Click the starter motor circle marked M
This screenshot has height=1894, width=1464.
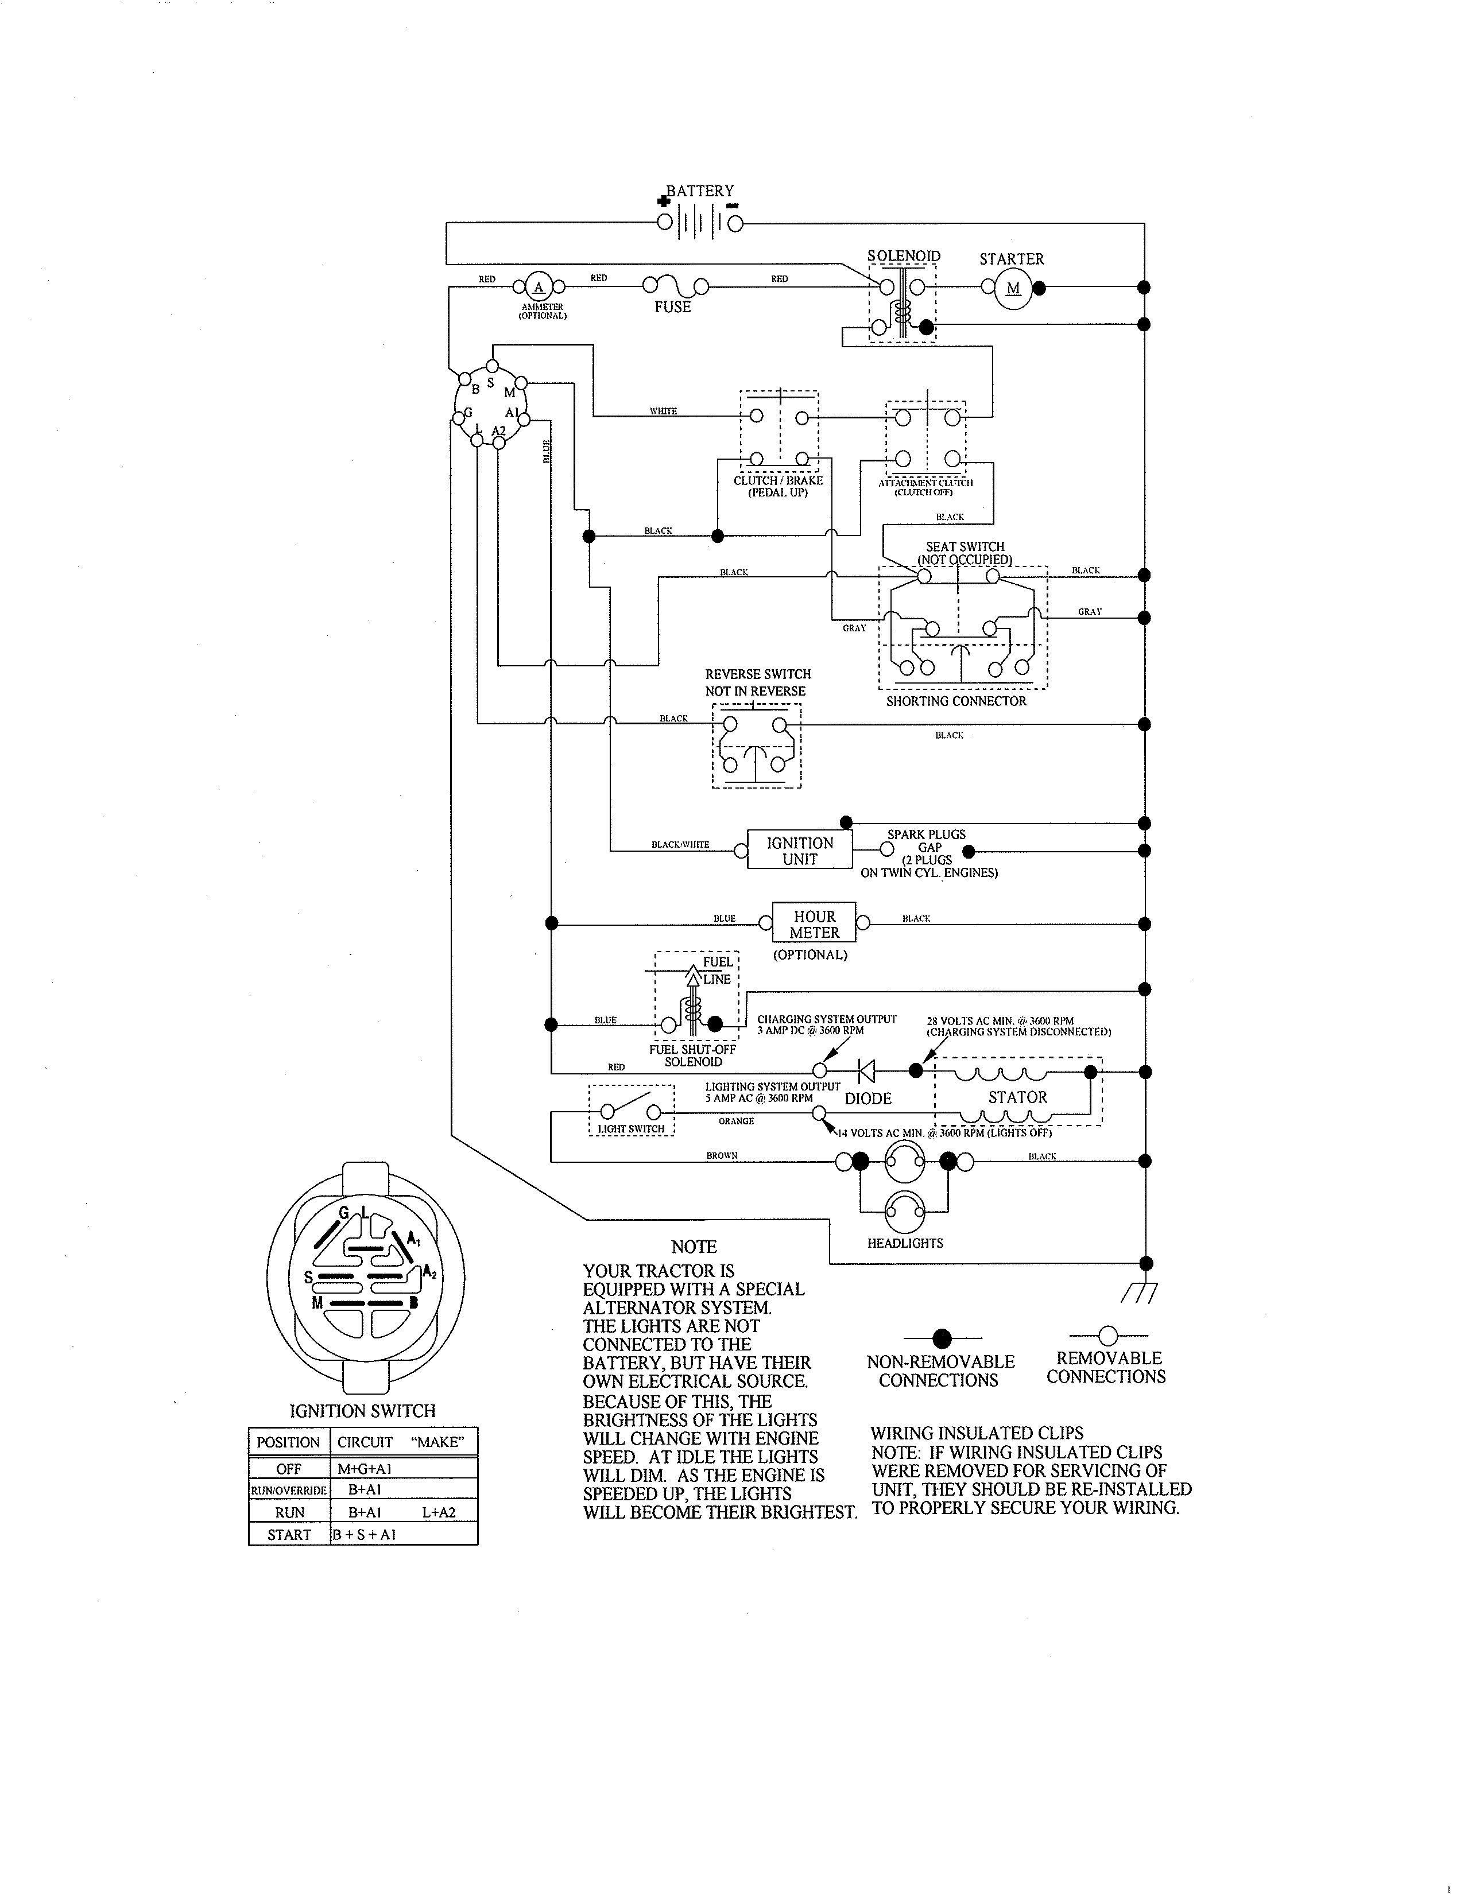(x=1013, y=288)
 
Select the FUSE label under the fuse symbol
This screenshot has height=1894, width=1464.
(x=672, y=307)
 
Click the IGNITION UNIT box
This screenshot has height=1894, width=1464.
(x=800, y=851)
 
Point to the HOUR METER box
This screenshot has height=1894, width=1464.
(x=814, y=923)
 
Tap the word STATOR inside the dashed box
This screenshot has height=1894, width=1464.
(x=1017, y=1097)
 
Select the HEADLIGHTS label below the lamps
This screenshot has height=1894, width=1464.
(x=905, y=1243)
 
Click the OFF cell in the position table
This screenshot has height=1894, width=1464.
(x=289, y=1469)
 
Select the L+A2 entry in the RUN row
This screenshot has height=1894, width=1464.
(x=438, y=1512)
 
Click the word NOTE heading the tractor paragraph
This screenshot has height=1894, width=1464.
(x=694, y=1247)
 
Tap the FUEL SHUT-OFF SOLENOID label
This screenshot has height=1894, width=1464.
(x=692, y=1055)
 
